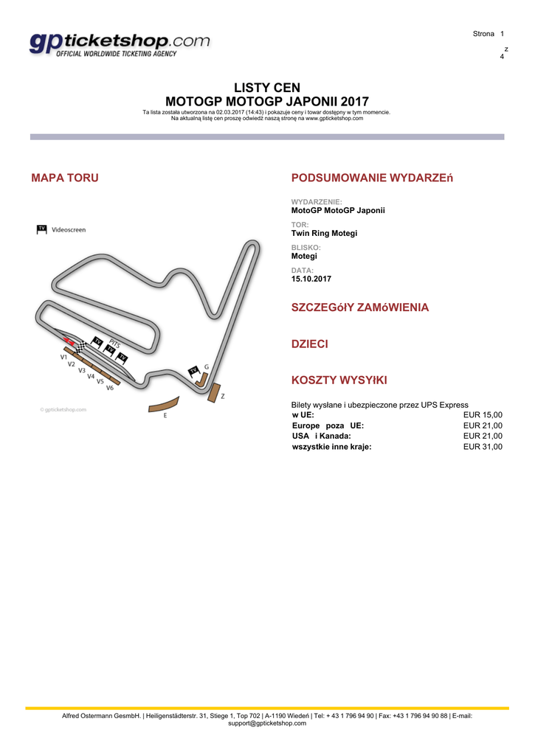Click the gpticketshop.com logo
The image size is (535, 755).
[x=120, y=44]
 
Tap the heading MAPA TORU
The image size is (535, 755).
[x=65, y=178]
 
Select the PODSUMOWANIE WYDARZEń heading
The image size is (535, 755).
[x=371, y=178]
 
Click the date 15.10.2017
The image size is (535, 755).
[x=311, y=279]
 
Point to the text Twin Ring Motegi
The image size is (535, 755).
[x=324, y=233]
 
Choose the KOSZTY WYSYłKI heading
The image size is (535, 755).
[x=339, y=380]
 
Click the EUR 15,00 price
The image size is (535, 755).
[x=483, y=415]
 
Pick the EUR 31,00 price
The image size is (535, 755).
[x=483, y=446]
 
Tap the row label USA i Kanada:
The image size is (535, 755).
[x=322, y=436]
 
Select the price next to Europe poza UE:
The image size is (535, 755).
[x=483, y=425]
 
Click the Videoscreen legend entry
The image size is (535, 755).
[x=68, y=229]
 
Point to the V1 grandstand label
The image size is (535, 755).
[x=64, y=357]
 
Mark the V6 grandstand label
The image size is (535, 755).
[x=109, y=387]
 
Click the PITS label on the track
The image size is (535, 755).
[x=114, y=343]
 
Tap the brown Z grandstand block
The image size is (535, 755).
[x=215, y=393]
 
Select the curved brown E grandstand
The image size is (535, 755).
[x=164, y=405]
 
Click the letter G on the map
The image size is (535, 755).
[x=207, y=366]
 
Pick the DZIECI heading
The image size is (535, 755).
[x=310, y=344]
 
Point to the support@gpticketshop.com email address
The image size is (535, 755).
[x=267, y=723]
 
